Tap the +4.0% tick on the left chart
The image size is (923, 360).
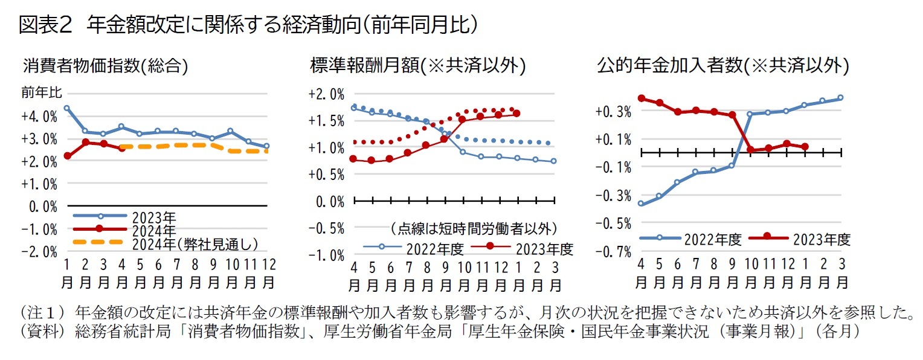(x=42, y=116)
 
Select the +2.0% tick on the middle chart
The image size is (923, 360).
(x=326, y=94)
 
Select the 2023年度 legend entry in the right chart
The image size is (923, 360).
(x=821, y=239)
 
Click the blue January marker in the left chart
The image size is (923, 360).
(x=66, y=108)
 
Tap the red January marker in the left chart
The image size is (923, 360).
(x=66, y=156)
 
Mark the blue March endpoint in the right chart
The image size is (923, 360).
(x=840, y=98)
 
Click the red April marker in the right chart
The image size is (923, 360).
(x=640, y=98)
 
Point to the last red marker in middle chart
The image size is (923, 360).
(x=516, y=113)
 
